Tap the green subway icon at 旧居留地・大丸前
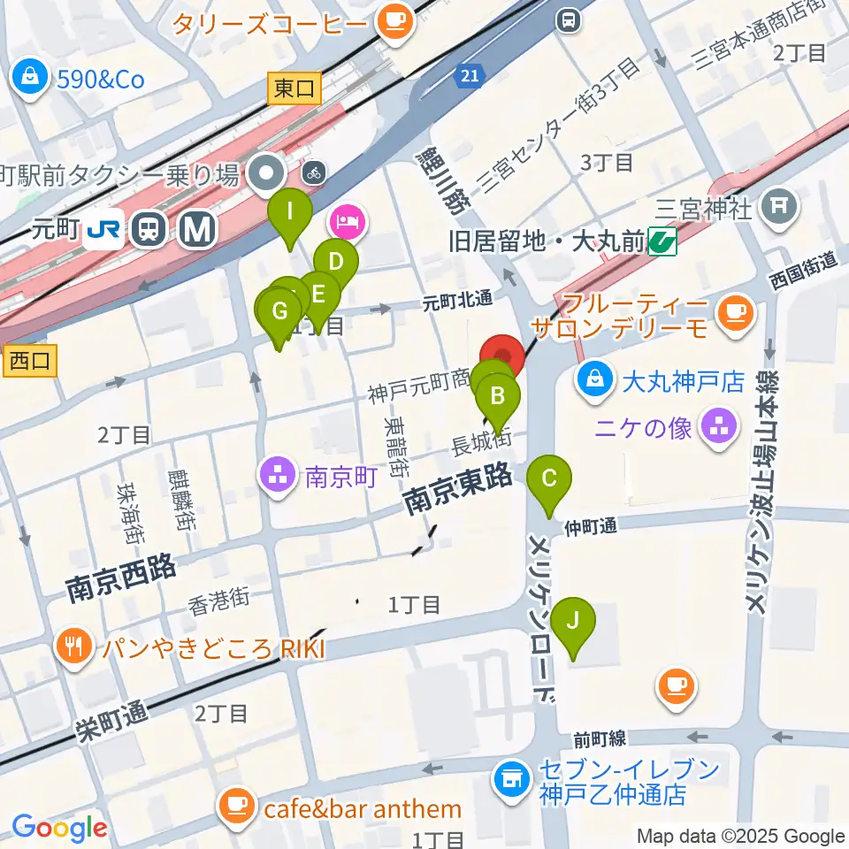pos(662,240)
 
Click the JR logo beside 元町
pos(105,231)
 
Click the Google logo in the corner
pos(60,828)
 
